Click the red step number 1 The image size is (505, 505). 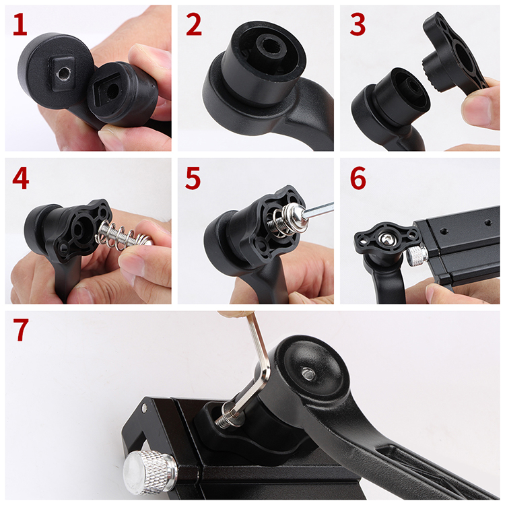pyautogui.click(x=20, y=24)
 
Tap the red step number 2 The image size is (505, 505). pyautogui.click(x=193, y=24)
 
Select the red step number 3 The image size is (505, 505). pyautogui.click(x=358, y=24)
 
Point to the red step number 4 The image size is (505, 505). pyautogui.click(x=21, y=178)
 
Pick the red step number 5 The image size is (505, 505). pyautogui.click(x=193, y=178)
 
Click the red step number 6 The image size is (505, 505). pyautogui.click(x=358, y=178)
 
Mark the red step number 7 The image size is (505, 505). pyautogui.click(x=21, y=329)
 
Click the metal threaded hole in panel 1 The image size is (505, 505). pyautogui.click(x=61, y=75)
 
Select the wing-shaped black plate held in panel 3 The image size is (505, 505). pyautogui.click(x=453, y=55)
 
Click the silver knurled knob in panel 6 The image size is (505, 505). pyautogui.click(x=417, y=255)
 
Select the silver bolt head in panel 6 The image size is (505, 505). pyautogui.click(x=386, y=239)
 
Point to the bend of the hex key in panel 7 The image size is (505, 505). pyautogui.click(x=263, y=377)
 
